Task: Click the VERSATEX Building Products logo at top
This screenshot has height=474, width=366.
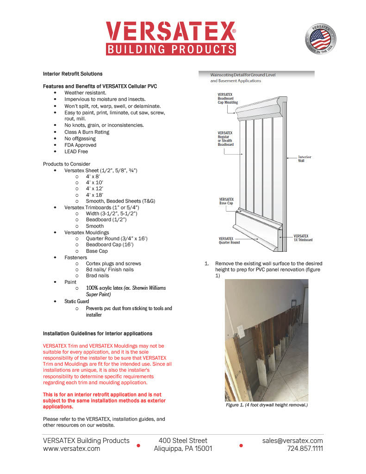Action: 171,38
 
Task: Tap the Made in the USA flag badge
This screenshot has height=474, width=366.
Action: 320,38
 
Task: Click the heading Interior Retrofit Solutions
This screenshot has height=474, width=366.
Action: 73,74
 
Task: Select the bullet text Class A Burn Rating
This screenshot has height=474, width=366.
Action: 87,132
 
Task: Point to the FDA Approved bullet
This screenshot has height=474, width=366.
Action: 81,145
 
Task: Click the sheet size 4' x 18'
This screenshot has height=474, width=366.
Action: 94,195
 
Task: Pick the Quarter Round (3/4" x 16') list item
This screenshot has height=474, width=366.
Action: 117,238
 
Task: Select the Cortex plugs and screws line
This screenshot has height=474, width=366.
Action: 113,263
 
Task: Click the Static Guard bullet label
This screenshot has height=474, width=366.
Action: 77,301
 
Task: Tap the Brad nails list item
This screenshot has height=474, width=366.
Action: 98,275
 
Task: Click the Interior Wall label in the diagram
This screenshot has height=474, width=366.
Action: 304,159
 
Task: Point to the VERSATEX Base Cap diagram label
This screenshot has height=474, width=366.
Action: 226,201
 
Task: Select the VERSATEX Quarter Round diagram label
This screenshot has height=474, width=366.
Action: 229,241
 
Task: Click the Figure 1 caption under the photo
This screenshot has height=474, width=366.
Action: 267,405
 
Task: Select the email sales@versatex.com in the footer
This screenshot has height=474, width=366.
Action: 292,441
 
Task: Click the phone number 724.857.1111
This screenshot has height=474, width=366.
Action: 305,449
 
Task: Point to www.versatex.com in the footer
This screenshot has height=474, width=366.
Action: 71,449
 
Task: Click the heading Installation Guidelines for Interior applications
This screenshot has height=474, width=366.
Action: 97,333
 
